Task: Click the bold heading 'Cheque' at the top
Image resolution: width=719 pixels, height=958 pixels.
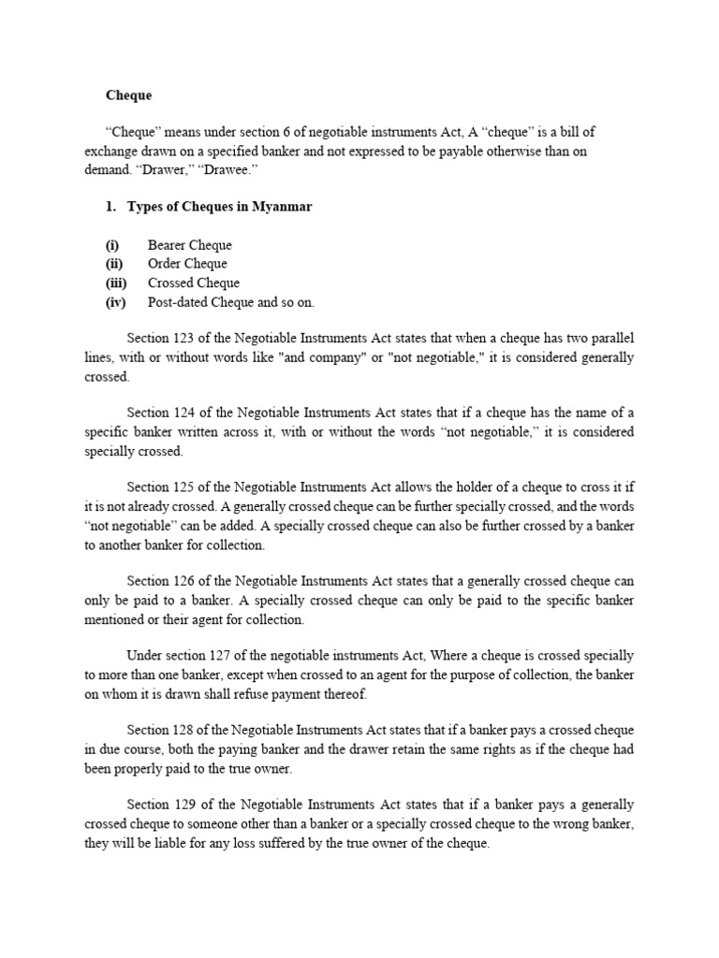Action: [128, 95]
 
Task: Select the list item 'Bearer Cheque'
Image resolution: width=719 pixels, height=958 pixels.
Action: [189, 245]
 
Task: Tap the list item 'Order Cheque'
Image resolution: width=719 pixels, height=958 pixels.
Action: [187, 264]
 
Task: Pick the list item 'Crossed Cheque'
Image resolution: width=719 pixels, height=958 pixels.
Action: [193, 283]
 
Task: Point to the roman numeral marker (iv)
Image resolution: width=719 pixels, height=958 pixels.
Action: [116, 302]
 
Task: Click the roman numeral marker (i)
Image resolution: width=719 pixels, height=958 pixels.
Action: [111, 245]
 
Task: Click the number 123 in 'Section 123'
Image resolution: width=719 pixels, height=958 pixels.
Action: [185, 338]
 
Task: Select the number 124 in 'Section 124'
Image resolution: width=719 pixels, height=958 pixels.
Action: [185, 413]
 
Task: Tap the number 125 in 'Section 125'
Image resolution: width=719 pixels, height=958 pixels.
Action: [185, 487]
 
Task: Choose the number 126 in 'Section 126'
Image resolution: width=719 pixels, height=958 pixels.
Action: [185, 581]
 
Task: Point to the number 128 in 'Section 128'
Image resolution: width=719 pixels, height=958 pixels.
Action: [185, 730]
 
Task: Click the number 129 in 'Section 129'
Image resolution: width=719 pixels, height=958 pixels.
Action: [185, 805]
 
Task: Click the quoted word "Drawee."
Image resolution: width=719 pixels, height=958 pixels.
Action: [232, 170]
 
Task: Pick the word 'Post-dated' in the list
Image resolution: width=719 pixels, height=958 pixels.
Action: [179, 302]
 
